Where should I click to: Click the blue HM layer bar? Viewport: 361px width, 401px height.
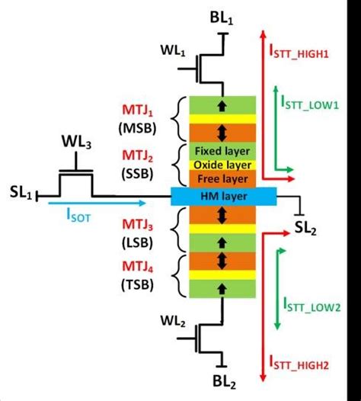222,197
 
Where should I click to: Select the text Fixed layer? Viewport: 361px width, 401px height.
222,152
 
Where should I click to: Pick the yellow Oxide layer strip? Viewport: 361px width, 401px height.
222,165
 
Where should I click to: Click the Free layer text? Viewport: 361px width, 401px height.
222,179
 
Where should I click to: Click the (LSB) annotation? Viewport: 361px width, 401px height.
133,240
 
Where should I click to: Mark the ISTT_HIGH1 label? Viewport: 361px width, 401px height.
308,53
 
